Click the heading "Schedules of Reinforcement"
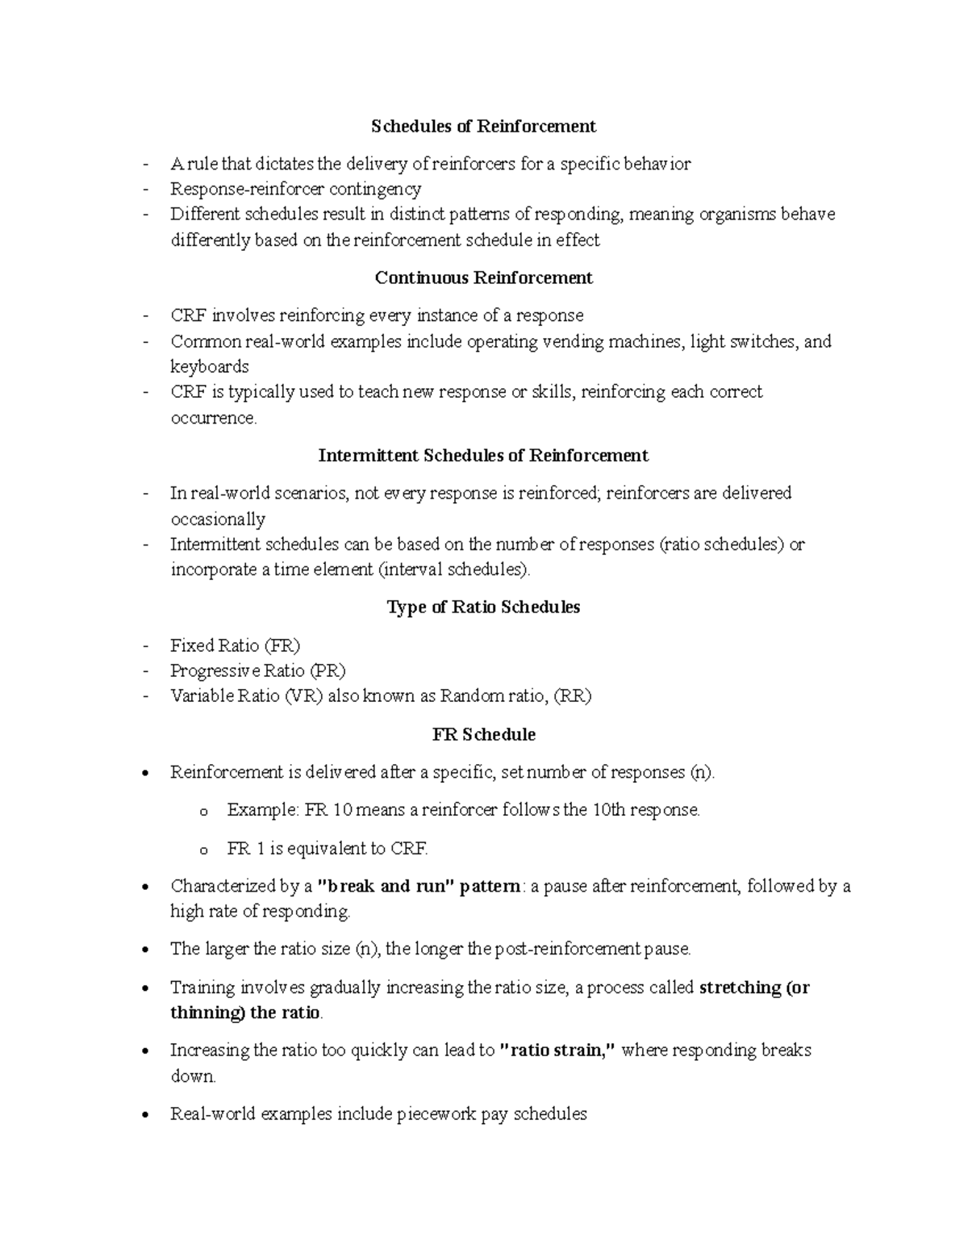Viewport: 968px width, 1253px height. point(483,126)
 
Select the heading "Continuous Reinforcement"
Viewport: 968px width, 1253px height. point(483,278)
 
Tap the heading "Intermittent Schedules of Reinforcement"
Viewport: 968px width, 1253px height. point(483,455)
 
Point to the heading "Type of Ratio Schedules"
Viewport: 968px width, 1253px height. point(483,607)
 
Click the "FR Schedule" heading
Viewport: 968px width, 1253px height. point(483,734)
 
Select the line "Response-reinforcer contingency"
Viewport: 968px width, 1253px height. point(295,189)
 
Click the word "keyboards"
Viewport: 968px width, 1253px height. point(210,366)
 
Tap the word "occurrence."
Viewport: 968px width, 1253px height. point(214,417)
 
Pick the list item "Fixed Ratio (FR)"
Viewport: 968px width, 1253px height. point(235,645)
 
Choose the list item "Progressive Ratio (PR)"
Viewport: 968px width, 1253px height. point(258,670)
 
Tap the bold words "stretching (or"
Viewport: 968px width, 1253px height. point(754,988)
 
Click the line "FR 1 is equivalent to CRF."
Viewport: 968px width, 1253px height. point(328,848)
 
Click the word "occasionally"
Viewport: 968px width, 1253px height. point(218,519)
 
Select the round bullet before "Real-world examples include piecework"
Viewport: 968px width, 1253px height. point(144,1115)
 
